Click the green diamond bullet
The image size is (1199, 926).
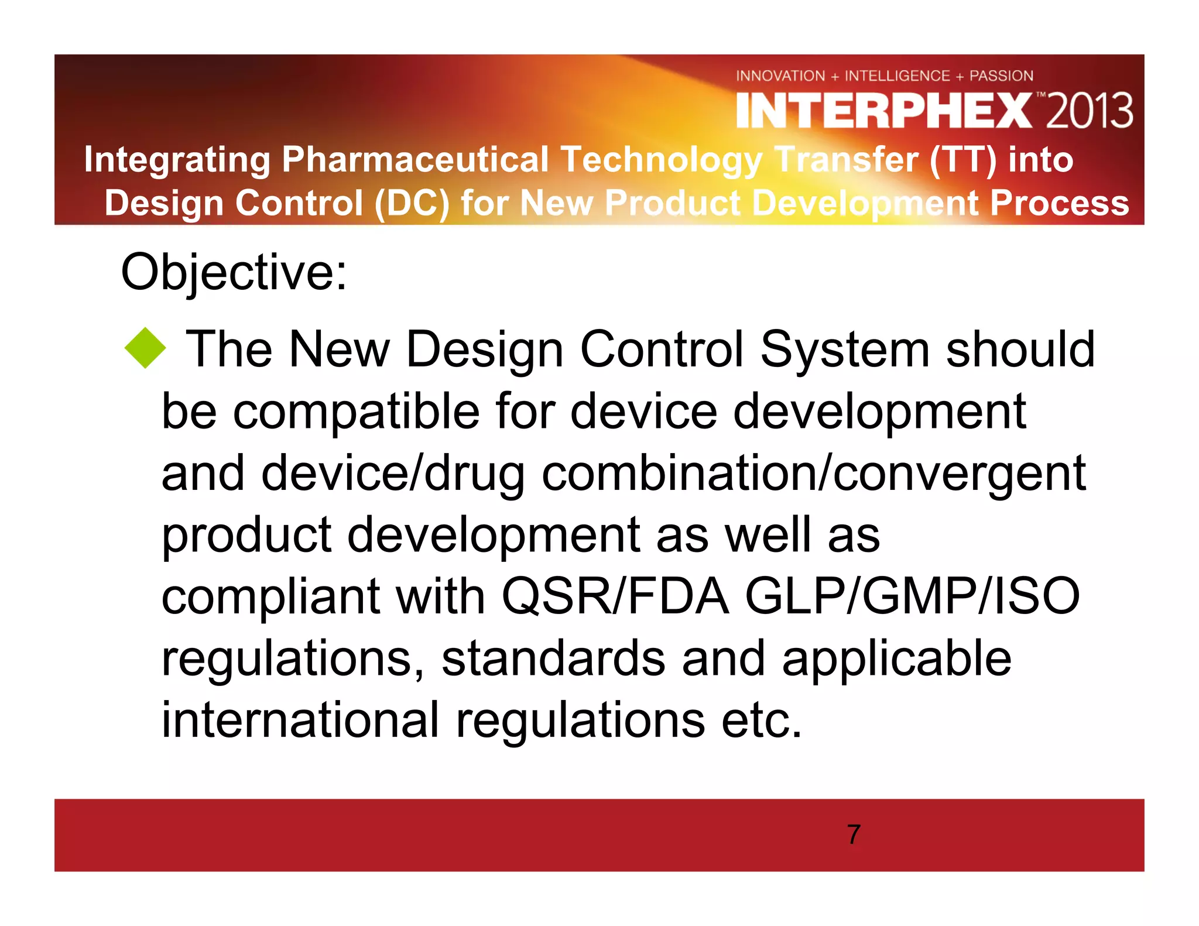pos(145,348)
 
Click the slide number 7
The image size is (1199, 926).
pos(854,834)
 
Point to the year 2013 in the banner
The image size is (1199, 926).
pos(1090,111)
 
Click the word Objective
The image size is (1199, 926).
pos(234,272)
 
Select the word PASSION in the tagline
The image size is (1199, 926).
pos(1001,76)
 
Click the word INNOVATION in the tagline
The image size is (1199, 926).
pos(780,76)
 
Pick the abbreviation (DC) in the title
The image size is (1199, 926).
pos(412,203)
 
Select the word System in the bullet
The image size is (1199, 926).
pos(844,349)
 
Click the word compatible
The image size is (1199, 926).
pos(357,411)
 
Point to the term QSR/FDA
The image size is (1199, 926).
pos(615,596)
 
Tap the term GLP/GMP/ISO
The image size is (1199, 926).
pos(912,596)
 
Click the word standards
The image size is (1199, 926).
pos(553,659)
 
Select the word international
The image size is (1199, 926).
pos(300,720)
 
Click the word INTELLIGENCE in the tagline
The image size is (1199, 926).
pos(897,76)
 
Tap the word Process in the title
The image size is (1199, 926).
pos(1060,203)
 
